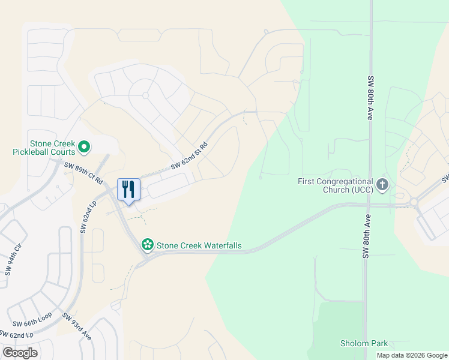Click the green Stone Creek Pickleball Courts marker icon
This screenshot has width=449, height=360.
(x=84, y=146)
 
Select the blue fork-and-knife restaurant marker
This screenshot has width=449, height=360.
(x=128, y=190)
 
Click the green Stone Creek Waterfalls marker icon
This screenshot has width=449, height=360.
(x=147, y=245)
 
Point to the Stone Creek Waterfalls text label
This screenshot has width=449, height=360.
(x=199, y=245)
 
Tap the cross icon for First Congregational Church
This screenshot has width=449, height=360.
(x=383, y=185)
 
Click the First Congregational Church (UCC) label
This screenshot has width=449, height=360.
(x=336, y=185)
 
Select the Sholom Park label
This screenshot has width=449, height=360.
(x=364, y=343)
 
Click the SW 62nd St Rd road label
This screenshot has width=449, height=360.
(x=189, y=155)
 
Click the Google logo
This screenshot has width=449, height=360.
(x=20, y=352)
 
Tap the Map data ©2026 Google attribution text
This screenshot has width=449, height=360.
(x=412, y=355)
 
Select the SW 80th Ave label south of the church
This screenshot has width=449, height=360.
(x=366, y=236)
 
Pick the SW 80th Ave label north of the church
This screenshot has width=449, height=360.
(x=370, y=99)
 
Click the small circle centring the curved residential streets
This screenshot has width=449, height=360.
(x=145, y=95)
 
